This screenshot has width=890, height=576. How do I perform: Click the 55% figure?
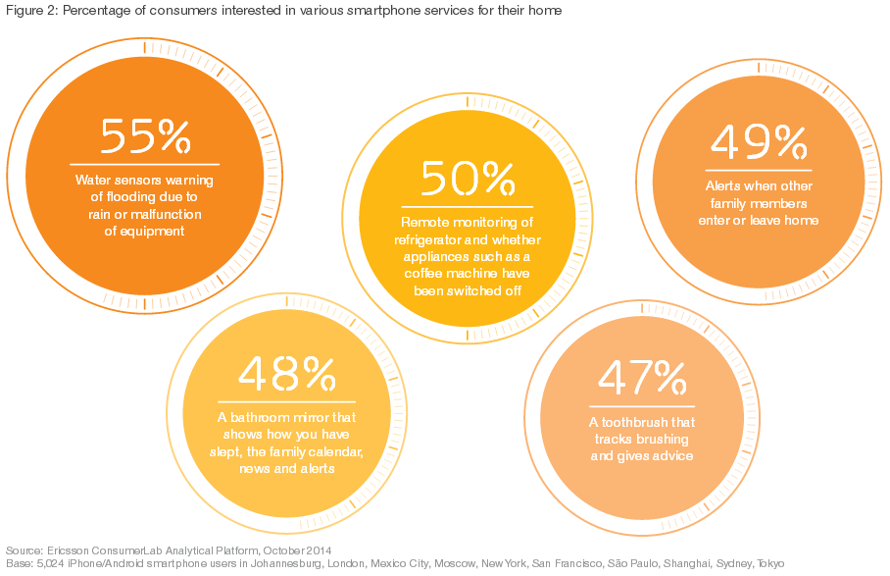point(145,137)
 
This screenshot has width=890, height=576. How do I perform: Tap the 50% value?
point(468,178)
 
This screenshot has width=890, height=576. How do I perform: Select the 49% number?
point(759,143)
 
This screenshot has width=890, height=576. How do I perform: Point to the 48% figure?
point(287,374)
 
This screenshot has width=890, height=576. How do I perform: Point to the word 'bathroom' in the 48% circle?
point(278,416)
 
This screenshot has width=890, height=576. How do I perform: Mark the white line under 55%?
point(145,164)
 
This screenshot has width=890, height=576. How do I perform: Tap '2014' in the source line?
point(316,550)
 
